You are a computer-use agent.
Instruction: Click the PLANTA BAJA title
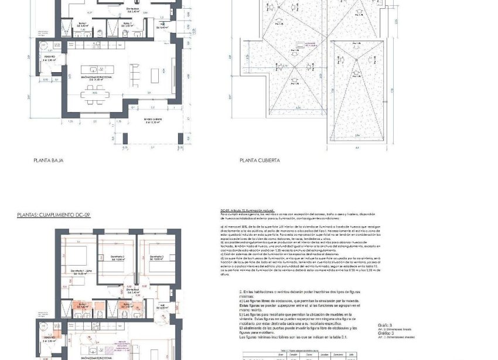(49, 160)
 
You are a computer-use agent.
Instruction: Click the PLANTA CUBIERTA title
(260, 160)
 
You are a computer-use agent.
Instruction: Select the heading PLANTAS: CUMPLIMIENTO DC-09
(54, 216)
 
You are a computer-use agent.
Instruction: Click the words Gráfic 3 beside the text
(385, 325)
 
